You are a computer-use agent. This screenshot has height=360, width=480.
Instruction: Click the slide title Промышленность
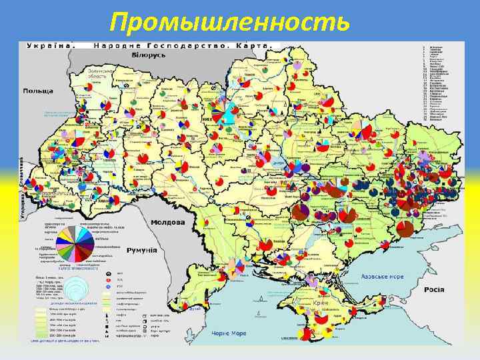pos(229,22)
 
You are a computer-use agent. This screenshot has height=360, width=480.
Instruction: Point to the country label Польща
pos(39,91)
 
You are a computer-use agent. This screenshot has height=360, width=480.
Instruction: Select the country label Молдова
pos(168,222)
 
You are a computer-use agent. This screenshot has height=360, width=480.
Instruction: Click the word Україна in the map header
pos(49,45)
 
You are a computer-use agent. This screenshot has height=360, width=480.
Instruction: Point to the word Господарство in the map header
pos(169,45)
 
